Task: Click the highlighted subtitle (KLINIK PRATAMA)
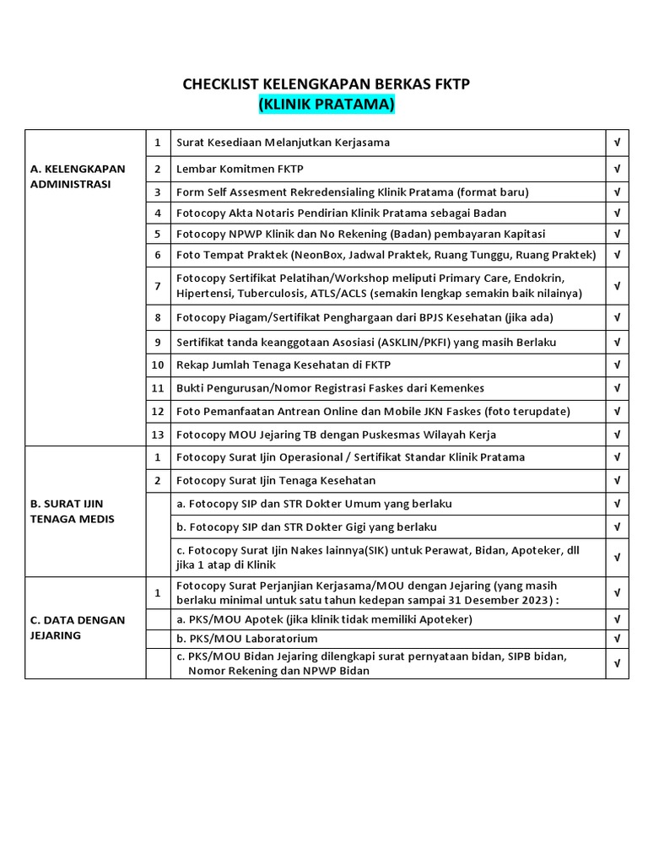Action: tap(327, 104)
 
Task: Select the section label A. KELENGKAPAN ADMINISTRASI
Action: tap(78, 176)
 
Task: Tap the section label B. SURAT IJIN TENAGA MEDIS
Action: tap(73, 510)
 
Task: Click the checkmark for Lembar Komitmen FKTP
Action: tap(617, 169)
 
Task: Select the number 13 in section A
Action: tap(157, 435)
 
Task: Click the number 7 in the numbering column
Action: tap(157, 286)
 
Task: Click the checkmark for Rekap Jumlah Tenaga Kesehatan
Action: tap(617, 364)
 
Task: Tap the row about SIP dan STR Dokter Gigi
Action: tap(306, 526)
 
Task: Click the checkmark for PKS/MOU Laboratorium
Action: tap(617, 639)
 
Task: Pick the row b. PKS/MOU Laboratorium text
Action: tap(246, 639)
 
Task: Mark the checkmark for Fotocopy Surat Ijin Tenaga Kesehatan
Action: tap(617, 480)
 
